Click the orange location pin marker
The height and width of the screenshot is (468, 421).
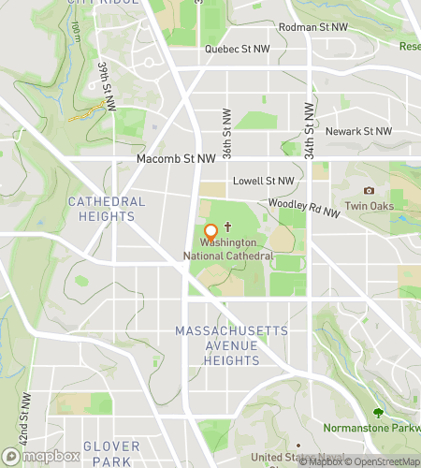point(210,231)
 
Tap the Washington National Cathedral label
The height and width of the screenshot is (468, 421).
point(235,248)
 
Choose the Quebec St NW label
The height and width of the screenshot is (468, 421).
point(236,50)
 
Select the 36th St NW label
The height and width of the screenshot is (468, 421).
point(226,129)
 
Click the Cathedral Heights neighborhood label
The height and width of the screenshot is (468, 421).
point(107,209)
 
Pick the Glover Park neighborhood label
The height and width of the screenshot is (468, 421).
point(111,453)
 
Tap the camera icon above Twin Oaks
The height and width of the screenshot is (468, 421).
point(369,190)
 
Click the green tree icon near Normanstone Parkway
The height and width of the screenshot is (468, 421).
point(378,413)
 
